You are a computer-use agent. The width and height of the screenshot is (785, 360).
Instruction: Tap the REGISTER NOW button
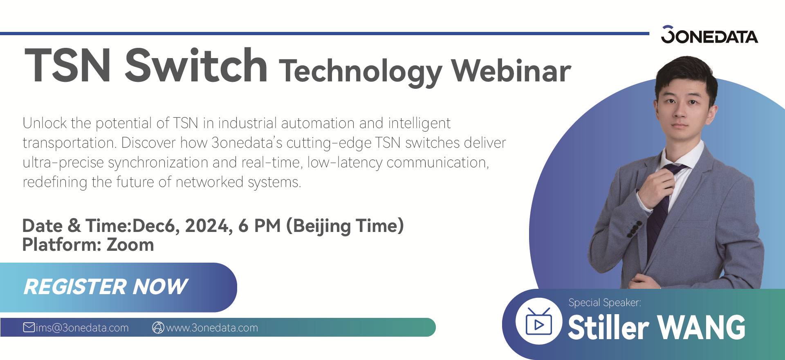tap(118, 287)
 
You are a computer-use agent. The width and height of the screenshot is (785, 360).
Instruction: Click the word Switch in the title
tap(196, 65)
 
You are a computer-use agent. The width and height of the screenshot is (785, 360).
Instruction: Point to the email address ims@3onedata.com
tap(82, 328)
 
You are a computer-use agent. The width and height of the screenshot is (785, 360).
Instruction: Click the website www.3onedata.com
tap(212, 328)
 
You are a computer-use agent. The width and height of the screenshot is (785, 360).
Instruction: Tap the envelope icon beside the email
tap(29, 327)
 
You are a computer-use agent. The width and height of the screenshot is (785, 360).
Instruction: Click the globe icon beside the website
tap(158, 328)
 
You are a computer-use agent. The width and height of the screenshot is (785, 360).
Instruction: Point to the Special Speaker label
tap(605, 302)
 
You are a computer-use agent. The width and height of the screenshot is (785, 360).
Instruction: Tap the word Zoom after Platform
tap(130, 245)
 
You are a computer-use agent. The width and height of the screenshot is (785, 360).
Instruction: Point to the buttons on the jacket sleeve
tap(633, 229)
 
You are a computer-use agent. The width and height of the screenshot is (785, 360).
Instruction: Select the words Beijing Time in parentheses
tap(345, 226)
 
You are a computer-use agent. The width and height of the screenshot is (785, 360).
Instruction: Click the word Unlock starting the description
tap(45, 123)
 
